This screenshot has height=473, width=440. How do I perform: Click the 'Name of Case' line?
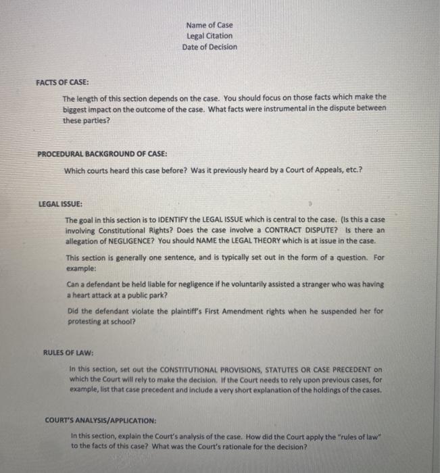click(210, 25)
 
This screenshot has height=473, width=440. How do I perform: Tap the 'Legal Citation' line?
click(210, 36)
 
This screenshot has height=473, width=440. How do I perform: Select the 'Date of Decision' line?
click(210, 47)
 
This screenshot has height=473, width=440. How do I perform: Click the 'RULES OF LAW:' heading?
click(68, 353)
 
